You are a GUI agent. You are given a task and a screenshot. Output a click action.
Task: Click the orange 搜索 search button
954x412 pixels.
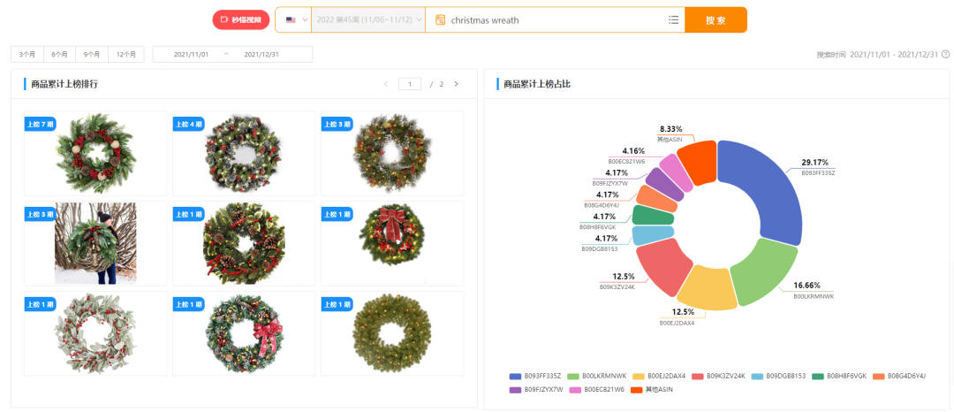click(x=715, y=19)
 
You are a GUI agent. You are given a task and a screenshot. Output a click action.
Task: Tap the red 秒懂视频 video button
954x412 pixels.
click(x=241, y=19)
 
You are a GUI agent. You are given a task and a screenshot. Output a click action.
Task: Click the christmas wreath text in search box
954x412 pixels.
click(x=485, y=19)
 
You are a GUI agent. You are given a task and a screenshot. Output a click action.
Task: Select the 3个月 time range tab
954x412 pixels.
click(x=27, y=54)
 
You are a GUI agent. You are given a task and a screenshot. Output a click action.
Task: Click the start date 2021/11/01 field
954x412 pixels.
click(x=192, y=54)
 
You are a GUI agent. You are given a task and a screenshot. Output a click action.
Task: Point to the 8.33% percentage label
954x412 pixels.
click(x=670, y=129)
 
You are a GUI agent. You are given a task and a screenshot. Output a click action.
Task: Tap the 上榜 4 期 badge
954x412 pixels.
click(x=189, y=123)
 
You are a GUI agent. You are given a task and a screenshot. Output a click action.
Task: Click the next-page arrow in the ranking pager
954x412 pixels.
click(x=456, y=84)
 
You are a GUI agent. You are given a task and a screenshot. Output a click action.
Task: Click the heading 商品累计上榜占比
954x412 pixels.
click(x=535, y=84)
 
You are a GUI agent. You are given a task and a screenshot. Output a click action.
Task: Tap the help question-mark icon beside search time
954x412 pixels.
click(x=945, y=54)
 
